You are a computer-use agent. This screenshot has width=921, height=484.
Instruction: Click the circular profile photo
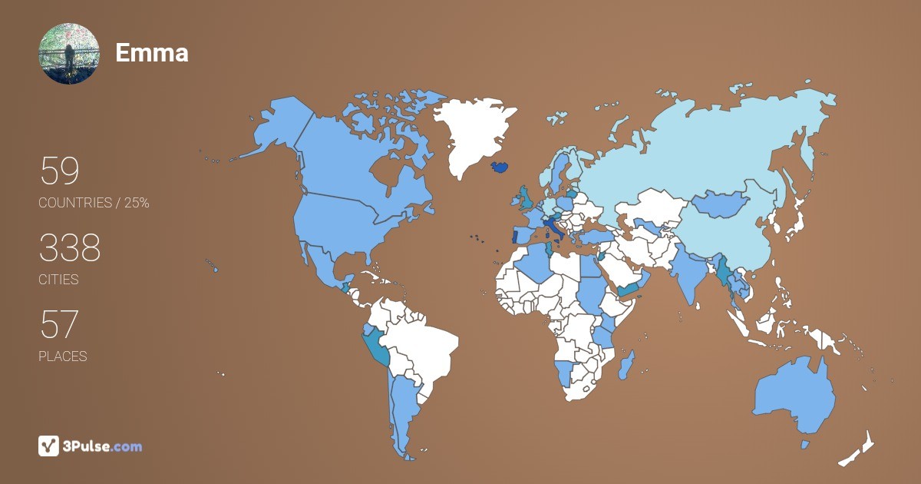69,54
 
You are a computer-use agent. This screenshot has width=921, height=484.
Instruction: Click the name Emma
152,52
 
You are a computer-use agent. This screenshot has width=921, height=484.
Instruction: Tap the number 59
59,171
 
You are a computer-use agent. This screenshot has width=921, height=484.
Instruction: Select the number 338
70,248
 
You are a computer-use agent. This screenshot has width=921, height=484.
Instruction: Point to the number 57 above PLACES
58,325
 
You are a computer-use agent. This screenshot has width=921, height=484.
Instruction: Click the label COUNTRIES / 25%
94,203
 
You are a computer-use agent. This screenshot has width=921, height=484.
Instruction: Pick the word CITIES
58,280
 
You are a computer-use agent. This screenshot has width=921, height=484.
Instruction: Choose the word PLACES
62,356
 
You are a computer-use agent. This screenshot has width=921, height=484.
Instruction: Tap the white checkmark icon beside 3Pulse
48,446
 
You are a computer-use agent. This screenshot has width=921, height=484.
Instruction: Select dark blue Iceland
499,167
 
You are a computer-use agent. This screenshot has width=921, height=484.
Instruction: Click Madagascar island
626,363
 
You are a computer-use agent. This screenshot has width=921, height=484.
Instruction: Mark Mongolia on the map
722,203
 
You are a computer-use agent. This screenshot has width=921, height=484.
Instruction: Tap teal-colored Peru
376,349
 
